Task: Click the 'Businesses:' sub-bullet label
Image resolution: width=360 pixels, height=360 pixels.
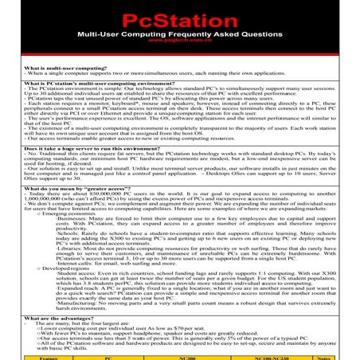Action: (x=63, y=219)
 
